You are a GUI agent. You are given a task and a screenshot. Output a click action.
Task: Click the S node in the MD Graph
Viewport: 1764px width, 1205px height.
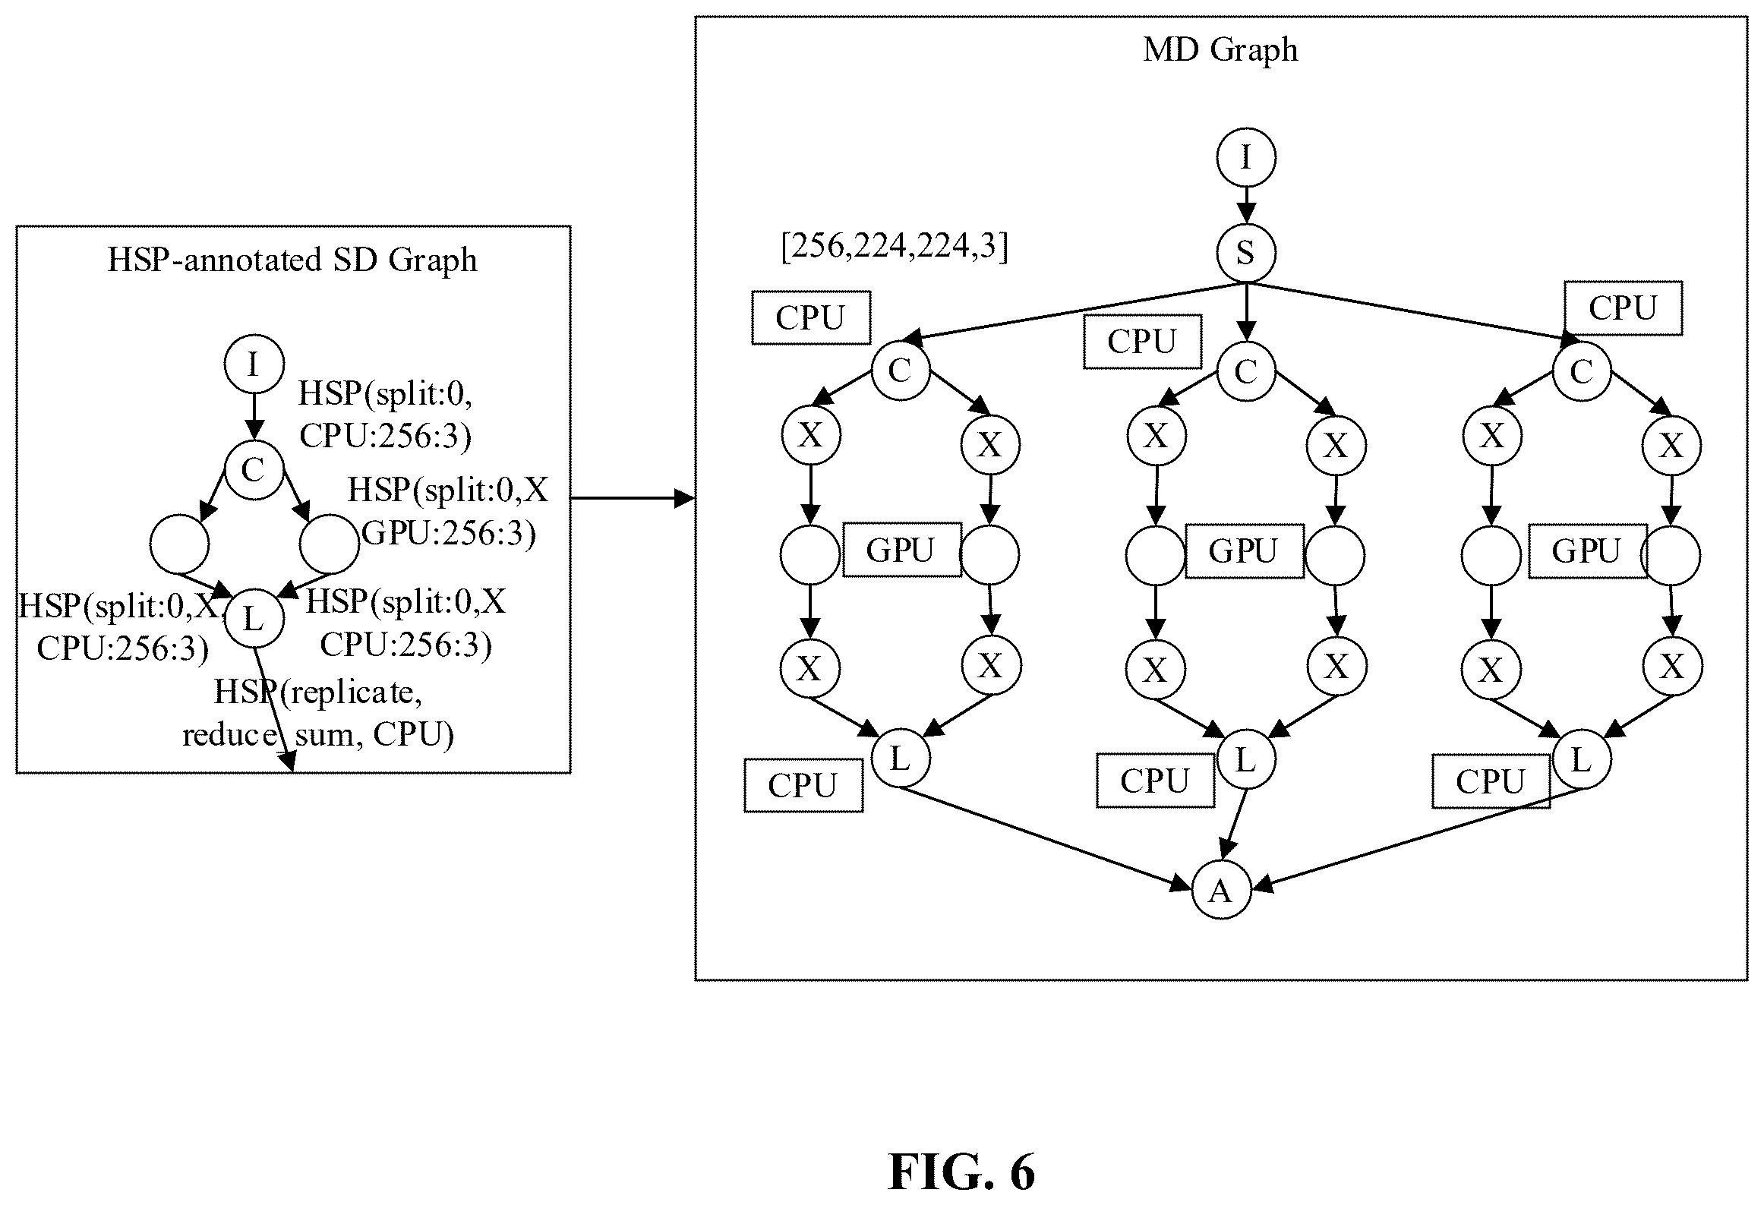[1245, 253]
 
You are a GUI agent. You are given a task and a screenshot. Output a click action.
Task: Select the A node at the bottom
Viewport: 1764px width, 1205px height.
[1221, 890]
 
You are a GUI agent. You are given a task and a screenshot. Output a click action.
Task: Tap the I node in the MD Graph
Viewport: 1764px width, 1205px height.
[1245, 157]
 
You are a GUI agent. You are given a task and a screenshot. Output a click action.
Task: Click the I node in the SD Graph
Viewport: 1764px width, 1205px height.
[254, 364]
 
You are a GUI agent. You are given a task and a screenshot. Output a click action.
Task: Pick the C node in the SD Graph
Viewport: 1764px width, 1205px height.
[254, 470]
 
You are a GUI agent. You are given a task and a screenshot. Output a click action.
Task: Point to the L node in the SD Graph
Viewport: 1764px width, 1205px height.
[254, 619]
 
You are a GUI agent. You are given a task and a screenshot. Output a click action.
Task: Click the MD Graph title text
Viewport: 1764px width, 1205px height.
[1220, 51]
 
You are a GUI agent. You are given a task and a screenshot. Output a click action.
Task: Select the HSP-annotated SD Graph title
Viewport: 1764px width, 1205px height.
[292, 260]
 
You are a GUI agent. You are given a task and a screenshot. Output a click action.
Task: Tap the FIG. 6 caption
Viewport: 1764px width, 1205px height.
[961, 1172]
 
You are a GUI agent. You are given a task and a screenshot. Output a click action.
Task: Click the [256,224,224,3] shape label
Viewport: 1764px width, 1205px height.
[895, 248]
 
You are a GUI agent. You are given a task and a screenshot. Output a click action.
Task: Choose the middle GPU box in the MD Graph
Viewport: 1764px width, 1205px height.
[1245, 551]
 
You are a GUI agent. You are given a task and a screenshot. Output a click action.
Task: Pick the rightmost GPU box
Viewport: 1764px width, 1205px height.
[1588, 551]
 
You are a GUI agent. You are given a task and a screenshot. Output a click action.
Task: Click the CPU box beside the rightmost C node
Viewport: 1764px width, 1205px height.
[1623, 308]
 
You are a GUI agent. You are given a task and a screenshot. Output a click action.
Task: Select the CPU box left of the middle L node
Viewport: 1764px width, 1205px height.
[1155, 781]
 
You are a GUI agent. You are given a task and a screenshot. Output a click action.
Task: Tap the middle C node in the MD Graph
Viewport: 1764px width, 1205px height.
[1245, 371]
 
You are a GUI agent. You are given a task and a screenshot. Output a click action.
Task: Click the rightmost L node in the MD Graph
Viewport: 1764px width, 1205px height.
[1582, 759]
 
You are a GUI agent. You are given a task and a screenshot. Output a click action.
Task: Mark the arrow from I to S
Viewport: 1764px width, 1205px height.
[1245, 205]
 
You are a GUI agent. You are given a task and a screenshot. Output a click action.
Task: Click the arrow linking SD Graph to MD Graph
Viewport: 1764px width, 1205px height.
[633, 499]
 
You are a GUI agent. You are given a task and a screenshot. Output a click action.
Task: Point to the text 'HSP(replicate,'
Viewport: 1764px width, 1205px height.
[317, 692]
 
